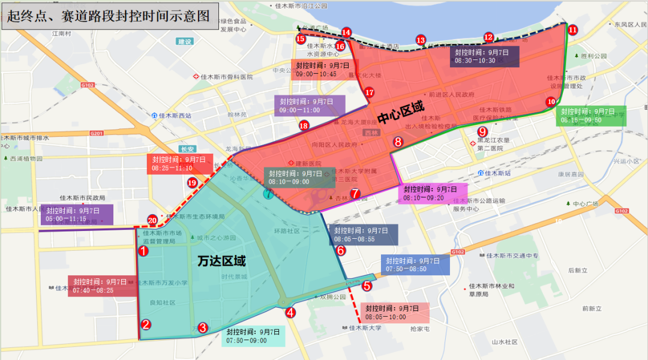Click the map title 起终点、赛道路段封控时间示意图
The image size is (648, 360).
coord(109,15)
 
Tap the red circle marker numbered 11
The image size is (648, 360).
coord(572,29)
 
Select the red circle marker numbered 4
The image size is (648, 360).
coord(290,312)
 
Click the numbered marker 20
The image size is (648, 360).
coord(152,220)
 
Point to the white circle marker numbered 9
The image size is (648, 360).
coord(481,132)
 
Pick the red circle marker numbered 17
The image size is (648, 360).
coord(370,93)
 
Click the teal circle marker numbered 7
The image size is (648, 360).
coord(268,193)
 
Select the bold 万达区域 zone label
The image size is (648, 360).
coord(222,262)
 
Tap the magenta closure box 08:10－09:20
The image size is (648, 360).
coord(432,193)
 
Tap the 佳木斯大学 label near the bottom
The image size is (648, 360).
coord(365,328)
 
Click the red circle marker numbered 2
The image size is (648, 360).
coord(146,325)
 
